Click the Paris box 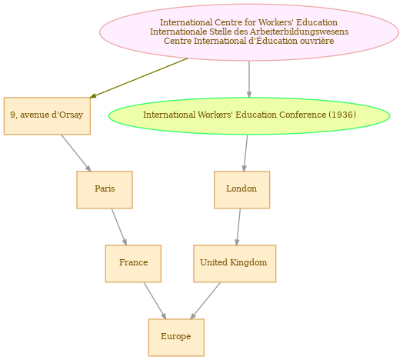pyautogui.click(x=105, y=190)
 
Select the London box pyautogui.click(x=241, y=190)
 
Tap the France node pyautogui.click(x=133, y=264)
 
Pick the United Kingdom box pyautogui.click(x=235, y=264)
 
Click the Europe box pyautogui.click(x=176, y=338)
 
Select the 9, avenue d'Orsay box pyautogui.click(x=47, y=116)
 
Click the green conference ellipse pyautogui.click(x=249, y=116)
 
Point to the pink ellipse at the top pyautogui.click(x=249, y=32)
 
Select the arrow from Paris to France pyautogui.click(x=119, y=227)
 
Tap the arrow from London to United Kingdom pyautogui.click(x=238, y=227)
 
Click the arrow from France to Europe pyautogui.click(x=155, y=301)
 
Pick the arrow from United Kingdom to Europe pyautogui.click(x=205, y=301)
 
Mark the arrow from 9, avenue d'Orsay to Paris pyautogui.click(x=76, y=153)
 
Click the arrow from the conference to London pyautogui.click(x=245, y=153)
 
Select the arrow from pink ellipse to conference pyautogui.click(x=249, y=79)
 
